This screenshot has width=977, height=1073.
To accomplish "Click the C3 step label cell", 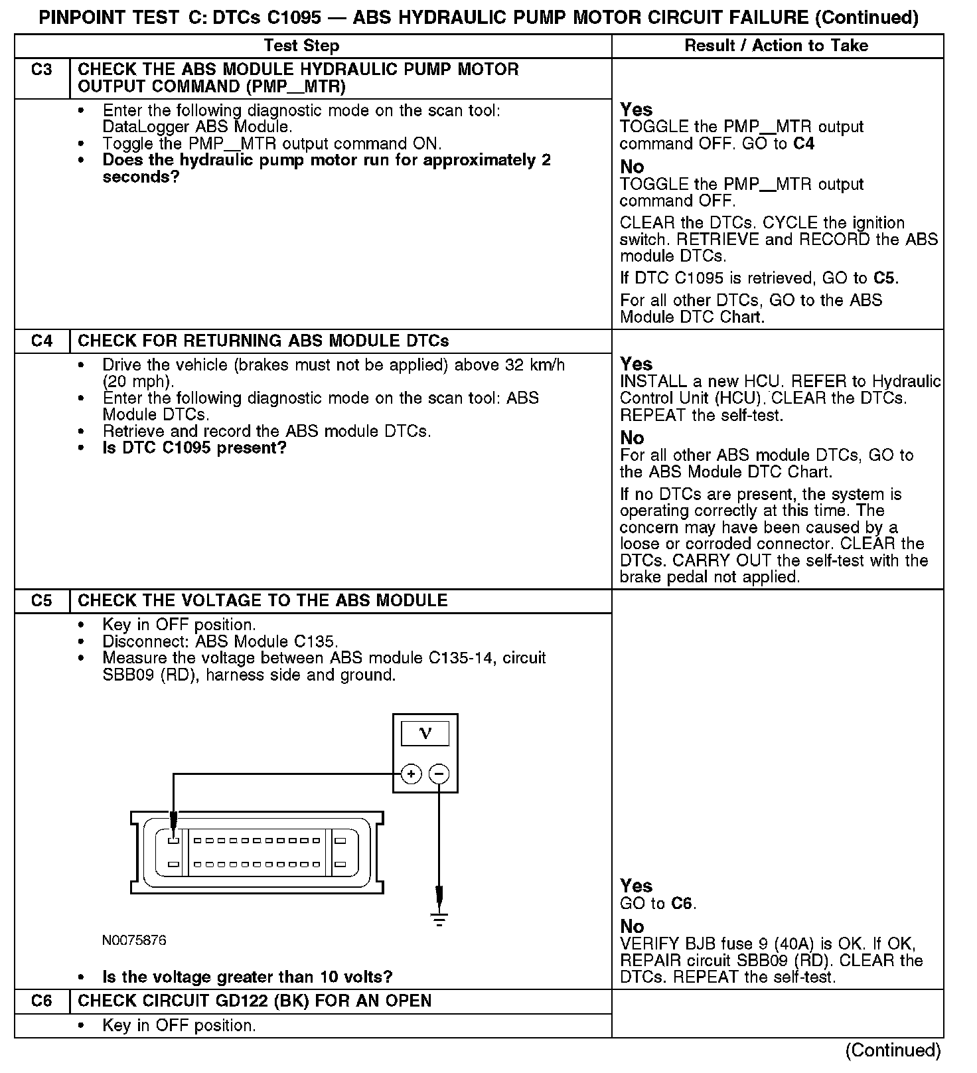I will tap(42, 70).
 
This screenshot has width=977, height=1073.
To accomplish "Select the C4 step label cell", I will tap(42, 341).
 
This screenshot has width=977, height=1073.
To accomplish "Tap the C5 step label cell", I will tap(42, 601).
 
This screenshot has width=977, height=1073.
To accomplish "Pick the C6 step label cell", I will tap(42, 1001).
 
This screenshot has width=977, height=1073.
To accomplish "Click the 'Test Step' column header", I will tap(301, 46).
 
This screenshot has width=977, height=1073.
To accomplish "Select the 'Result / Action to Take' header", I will tap(776, 46).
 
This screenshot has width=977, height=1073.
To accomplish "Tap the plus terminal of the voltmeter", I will tap(412, 774).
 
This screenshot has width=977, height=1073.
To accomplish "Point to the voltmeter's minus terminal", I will tap(439, 774).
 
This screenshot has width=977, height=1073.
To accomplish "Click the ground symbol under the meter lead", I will tap(439, 919).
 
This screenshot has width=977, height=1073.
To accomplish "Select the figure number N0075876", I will tap(134, 941).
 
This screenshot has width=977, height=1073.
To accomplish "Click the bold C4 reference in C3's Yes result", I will tap(804, 144).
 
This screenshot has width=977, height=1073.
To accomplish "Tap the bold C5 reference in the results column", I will tap(886, 278).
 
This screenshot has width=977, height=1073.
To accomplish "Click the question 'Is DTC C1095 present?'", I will tap(194, 448).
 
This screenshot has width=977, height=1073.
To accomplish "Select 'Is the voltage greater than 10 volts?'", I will tap(248, 977).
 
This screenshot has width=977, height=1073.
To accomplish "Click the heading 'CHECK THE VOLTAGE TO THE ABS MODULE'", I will tap(263, 601).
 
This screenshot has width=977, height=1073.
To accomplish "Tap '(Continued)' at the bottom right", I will tap(893, 1050).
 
